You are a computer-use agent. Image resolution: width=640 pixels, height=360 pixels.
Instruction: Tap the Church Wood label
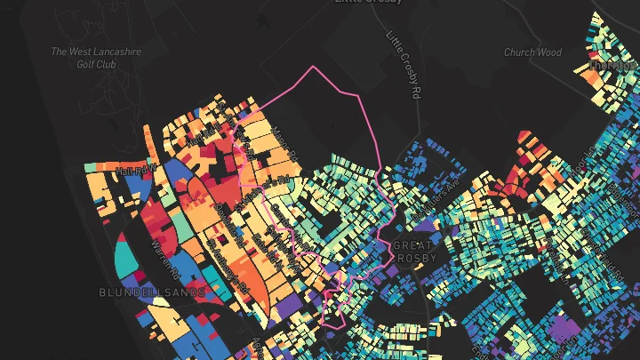click(x=533, y=52)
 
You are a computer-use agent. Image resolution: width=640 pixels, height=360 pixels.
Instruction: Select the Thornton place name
click(x=613, y=66)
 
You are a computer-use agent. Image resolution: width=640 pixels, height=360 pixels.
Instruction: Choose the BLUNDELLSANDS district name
click(x=153, y=292)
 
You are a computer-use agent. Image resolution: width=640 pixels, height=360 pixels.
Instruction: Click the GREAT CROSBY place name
click(x=413, y=252)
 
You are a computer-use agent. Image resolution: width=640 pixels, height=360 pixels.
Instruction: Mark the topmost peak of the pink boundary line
click(x=313, y=67)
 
